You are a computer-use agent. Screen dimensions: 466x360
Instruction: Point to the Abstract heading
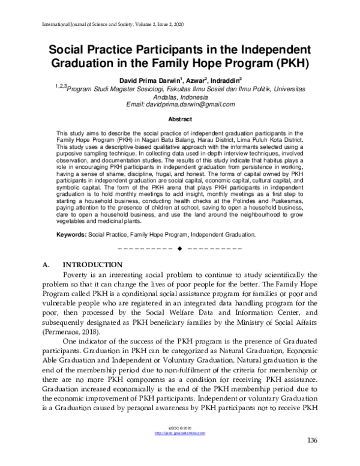(180, 120)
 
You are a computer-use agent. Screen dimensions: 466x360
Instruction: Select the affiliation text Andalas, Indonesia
(180, 96)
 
